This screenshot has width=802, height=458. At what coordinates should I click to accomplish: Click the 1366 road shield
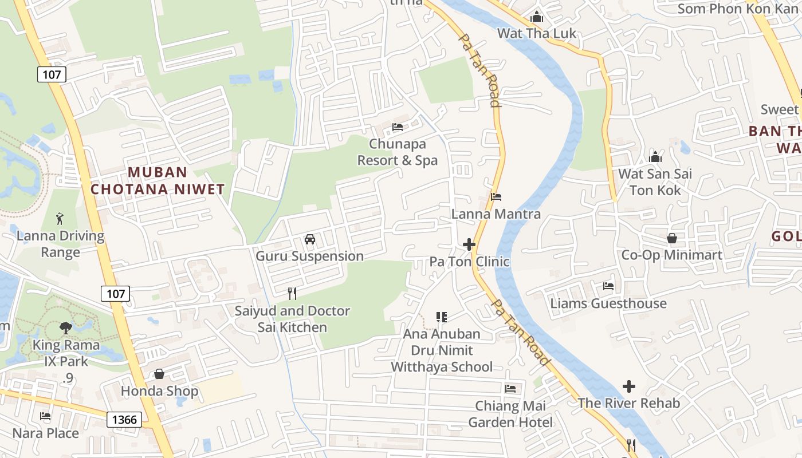click(124, 420)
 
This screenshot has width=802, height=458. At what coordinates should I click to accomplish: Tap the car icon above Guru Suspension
click(310, 239)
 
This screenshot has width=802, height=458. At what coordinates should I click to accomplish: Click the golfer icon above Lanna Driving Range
click(60, 218)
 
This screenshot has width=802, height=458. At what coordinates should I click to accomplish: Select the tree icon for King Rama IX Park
click(66, 328)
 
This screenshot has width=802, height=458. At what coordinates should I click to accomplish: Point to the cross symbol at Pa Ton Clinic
click(469, 245)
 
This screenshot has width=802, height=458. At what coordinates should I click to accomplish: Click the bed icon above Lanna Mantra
click(496, 197)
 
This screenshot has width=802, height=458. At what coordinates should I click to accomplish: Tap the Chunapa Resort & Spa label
click(397, 152)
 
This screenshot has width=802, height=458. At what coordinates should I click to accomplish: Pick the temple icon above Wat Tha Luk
click(537, 17)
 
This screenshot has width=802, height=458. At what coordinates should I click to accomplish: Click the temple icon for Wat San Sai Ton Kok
click(655, 156)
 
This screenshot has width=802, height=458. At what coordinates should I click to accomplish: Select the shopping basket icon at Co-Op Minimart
click(672, 238)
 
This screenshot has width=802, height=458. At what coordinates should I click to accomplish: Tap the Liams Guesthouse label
click(608, 303)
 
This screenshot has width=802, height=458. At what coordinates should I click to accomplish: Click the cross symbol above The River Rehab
click(629, 386)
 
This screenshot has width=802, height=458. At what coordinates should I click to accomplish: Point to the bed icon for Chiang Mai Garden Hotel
click(510, 389)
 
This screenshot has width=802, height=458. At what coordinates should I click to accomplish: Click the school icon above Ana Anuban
click(441, 317)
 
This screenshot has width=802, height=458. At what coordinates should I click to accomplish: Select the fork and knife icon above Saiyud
click(292, 294)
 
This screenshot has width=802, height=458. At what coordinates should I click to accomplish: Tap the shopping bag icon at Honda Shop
click(159, 374)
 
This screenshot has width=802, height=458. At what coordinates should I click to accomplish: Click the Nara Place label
click(46, 433)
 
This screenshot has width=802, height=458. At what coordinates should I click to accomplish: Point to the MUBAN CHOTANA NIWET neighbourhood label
click(158, 180)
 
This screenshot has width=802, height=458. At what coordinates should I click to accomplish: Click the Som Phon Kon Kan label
click(738, 9)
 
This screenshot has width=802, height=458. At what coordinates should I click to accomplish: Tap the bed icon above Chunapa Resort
click(397, 127)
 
